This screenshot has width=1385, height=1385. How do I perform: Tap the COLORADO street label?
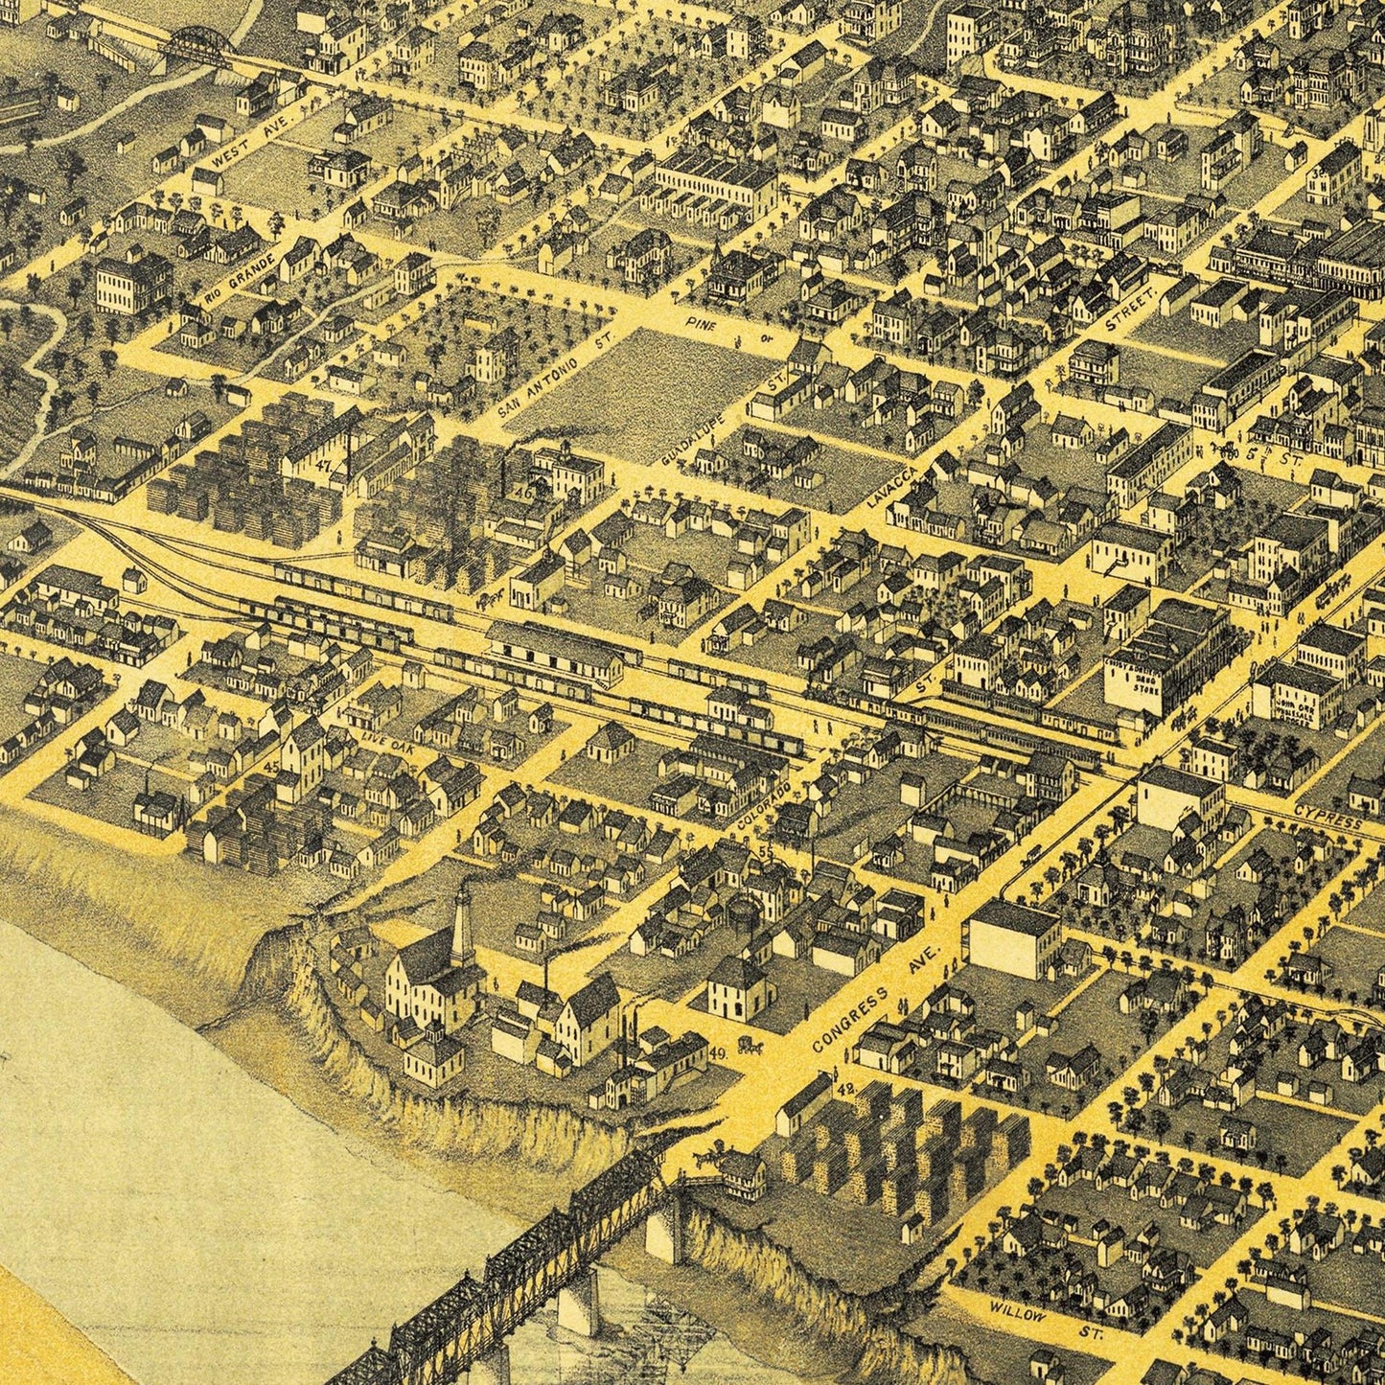pos(766,808)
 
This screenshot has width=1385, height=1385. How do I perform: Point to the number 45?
pos(271,767)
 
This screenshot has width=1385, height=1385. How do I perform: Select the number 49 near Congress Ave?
pos(721,1052)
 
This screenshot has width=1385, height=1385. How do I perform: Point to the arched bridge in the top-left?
pos(199,43)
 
